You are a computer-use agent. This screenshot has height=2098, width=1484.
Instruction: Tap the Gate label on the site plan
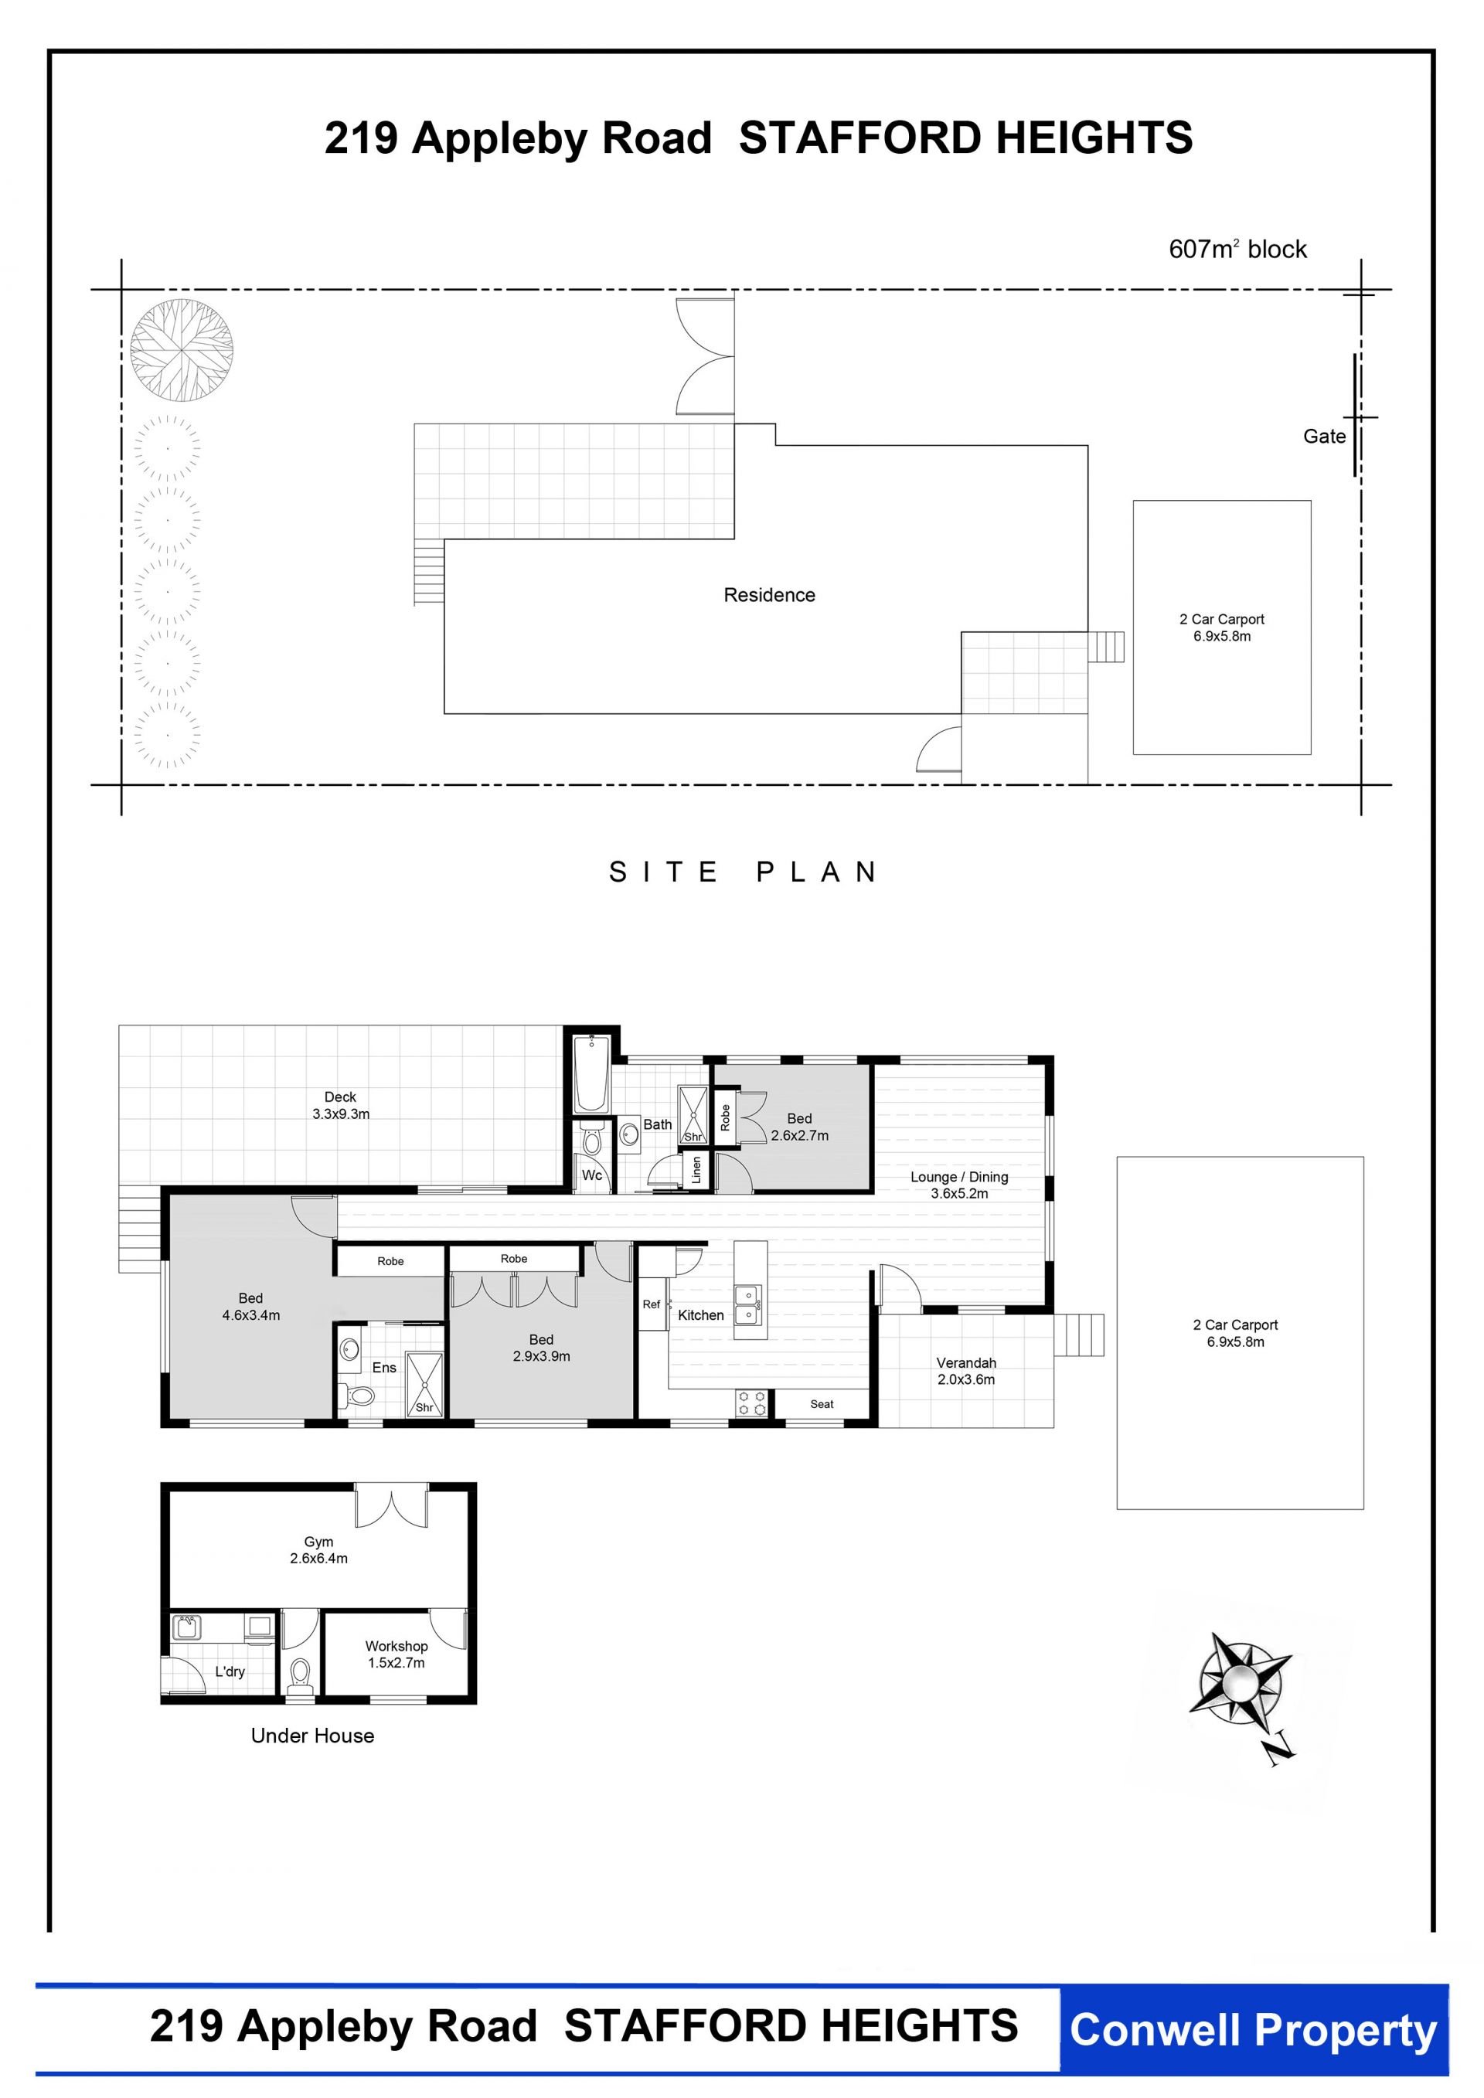(1324, 437)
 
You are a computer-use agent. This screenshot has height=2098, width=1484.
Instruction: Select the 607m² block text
(1237, 249)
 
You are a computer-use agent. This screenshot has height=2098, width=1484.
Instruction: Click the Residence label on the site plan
(769, 595)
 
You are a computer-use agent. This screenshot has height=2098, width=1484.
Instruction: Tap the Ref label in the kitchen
(651, 1304)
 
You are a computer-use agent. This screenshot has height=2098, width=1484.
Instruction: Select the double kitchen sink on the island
(748, 1305)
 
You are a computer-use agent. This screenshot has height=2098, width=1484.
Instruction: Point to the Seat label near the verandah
(822, 1403)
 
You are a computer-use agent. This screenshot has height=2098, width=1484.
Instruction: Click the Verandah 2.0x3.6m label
(966, 1371)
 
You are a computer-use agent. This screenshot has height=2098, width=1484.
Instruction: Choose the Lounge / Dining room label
(959, 1185)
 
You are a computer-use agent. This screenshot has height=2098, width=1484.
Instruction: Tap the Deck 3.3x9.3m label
(341, 1106)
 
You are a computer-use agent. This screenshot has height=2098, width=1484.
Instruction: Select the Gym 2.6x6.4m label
(319, 1550)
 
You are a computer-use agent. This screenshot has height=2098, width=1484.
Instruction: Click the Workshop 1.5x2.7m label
(397, 1654)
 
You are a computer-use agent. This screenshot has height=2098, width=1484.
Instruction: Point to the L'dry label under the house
(230, 1671)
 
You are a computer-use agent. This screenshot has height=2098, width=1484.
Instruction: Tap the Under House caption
(312, 1736)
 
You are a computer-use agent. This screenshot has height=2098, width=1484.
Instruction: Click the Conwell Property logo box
(1254, 2030)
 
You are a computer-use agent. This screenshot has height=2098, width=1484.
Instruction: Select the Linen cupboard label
(696, 1170)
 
